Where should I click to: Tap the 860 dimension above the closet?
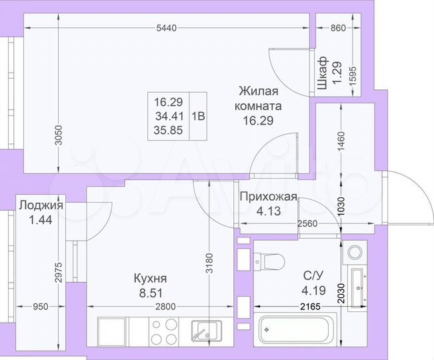pos(339,28)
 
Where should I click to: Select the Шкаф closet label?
pos(322,73)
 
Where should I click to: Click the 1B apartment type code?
pos(198,115)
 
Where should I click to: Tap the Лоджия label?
pos(41,205)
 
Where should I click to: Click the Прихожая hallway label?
pos(267,197)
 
